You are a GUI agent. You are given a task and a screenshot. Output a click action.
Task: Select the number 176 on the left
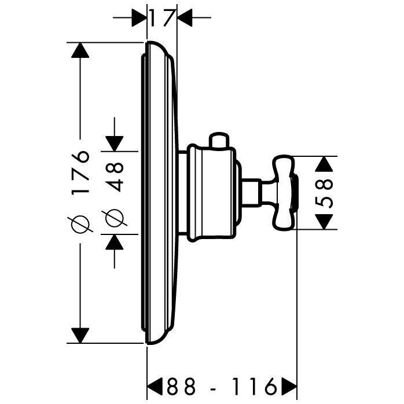82,172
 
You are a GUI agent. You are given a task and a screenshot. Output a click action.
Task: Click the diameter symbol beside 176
82,223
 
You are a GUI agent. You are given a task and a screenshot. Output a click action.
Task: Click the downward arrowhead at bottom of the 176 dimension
81,335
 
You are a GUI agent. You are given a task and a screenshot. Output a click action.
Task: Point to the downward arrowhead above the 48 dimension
114,142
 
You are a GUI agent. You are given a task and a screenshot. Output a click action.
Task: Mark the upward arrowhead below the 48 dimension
114,242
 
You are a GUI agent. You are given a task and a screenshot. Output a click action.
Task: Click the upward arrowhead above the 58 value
326,163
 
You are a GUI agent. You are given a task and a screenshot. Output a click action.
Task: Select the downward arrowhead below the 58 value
326,221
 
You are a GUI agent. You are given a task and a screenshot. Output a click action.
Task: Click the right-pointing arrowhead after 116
288,385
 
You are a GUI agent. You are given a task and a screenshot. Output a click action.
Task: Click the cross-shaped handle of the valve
284,191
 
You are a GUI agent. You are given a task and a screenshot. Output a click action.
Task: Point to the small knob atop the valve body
221,140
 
